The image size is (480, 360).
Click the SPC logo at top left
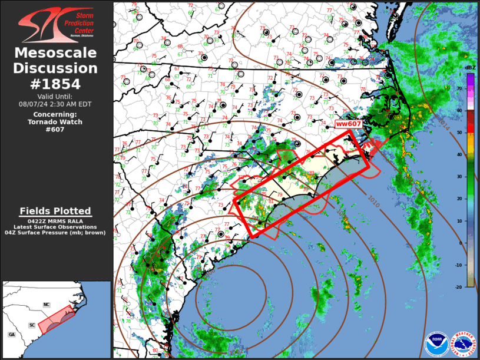[55, 26]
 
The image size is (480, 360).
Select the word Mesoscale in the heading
[55, 53]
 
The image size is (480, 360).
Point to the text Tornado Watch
[55, 122]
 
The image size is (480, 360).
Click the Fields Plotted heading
[55, 211]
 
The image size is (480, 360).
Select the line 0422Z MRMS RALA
[55, 221]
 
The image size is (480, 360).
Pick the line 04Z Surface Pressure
[55, 233]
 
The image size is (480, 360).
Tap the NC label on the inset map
[47, 305]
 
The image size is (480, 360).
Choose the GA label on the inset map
[11, 334]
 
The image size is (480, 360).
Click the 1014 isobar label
[443, 121]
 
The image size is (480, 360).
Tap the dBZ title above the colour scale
[470, 68]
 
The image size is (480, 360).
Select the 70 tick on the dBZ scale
[459, 88]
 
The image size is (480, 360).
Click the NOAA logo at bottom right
[436, 344]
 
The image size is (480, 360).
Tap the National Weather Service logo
[464, 344]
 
